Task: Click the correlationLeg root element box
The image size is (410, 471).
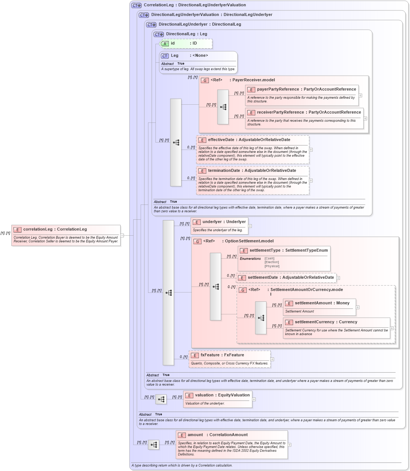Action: tap(66, 235)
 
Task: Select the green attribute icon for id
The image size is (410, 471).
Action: tap(165, 44)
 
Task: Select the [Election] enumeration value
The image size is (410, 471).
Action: tap(272, 262)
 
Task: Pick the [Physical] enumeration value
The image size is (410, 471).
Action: tap(272, 266)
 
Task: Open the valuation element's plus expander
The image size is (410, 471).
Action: tap(254, 399)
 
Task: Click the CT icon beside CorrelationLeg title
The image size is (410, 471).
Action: tap(136, 6)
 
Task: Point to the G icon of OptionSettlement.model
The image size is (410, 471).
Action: tap(197, 242)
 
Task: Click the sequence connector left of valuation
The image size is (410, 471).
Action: tap(161, 399)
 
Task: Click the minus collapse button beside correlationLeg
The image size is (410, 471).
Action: tap(122, 235)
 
